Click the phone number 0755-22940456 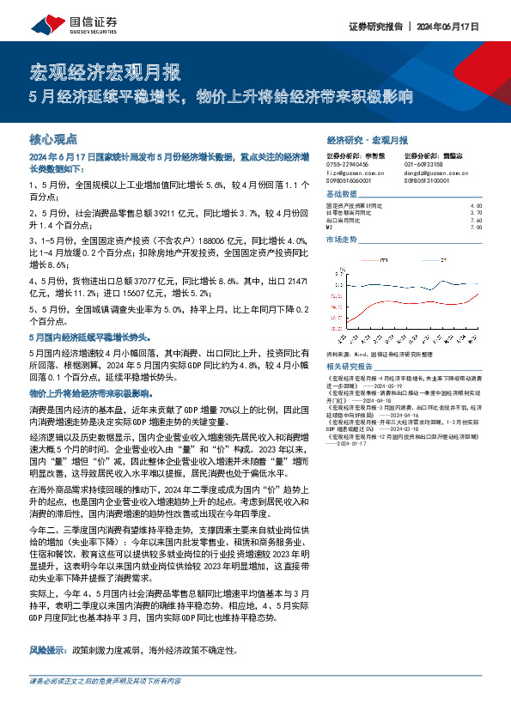point(348,163)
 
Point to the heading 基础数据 point(342,194)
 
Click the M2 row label point(331,227)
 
